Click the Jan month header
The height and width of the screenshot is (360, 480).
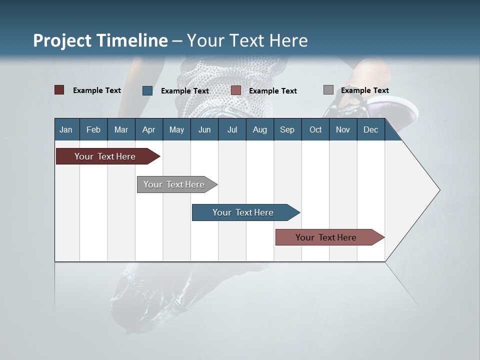(x=66, y=129)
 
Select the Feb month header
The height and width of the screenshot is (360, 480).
(x=93, y=129)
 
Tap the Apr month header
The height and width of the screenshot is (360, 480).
(x=148, y=129)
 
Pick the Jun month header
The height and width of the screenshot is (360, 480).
(x=204, y=129)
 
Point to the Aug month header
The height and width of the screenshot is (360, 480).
(x=259, y=129)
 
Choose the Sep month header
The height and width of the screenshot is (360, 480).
(x=287, y=129)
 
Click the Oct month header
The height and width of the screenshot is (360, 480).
(x=315, y=129)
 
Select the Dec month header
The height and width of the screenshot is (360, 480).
(x=370, y=129)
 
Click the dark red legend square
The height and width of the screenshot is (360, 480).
(x=59, y=90)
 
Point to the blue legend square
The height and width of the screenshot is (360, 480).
(x=147, y=90)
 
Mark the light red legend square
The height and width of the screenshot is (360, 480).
(x=236, y=90)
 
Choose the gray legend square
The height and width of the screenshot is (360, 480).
(x=328, y=90)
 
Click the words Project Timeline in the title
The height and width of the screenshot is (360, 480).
(x=100, y=40)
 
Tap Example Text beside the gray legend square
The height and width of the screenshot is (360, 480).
(x=364, y=90)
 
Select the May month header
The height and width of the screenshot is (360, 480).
(x=176, y=129)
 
